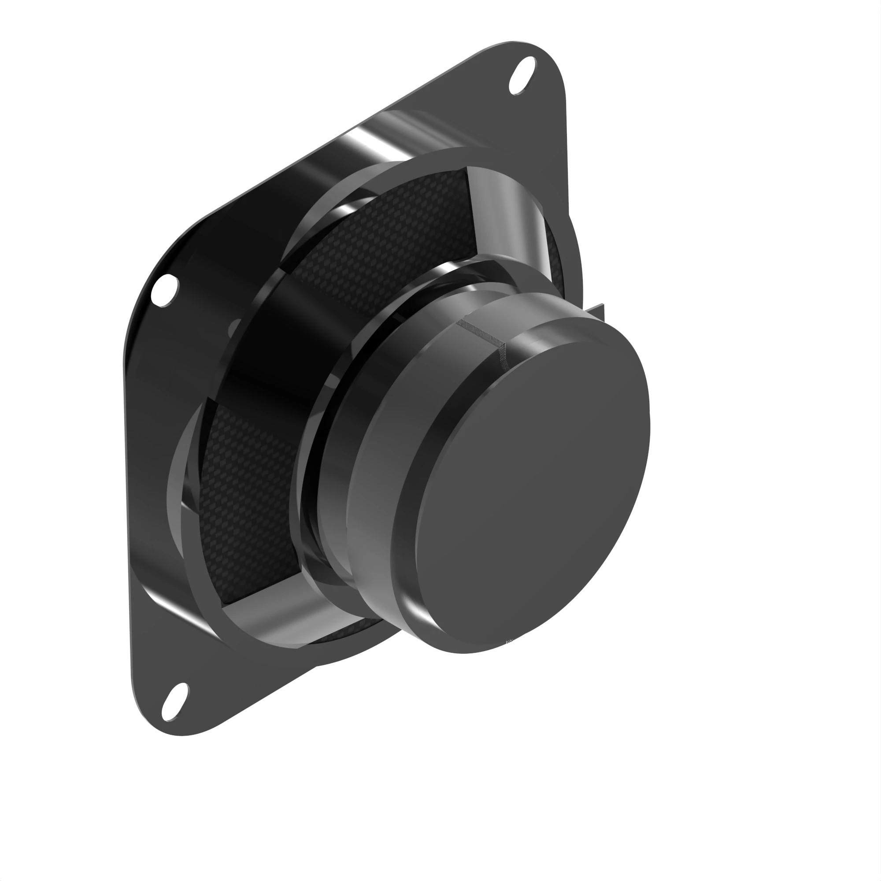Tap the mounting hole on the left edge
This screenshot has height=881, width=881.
pos(165,290)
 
